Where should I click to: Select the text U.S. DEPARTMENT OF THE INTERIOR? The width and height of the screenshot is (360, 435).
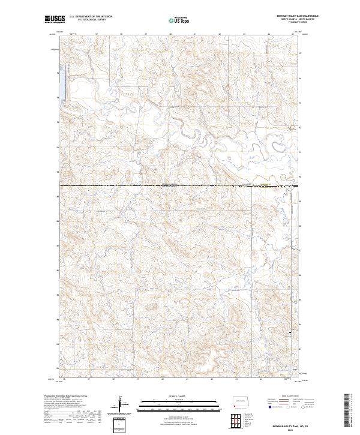[91, 17]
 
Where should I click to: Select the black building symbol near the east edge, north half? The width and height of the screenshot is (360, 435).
[290, 127]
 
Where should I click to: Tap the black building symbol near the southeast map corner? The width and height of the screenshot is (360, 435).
[292, 332]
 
